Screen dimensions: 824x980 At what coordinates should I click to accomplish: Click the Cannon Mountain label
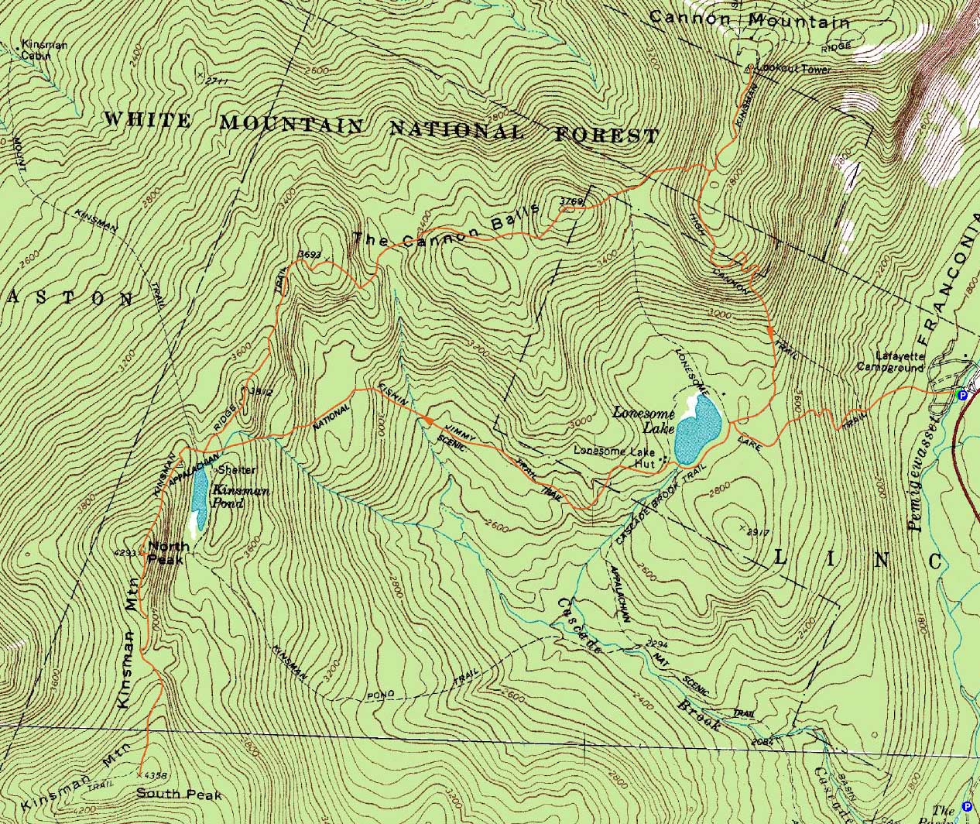pos(749,19)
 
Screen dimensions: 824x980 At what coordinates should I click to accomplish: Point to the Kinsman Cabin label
pos(43,50)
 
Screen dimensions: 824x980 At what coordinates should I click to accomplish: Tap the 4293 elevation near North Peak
pos(125,553)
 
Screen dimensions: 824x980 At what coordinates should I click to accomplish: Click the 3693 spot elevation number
pos(310,254)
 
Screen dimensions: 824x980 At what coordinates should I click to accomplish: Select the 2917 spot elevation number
pos(757,532)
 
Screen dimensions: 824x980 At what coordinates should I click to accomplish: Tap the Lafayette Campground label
pos(890,362)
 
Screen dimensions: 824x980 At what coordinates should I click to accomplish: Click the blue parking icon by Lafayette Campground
pos(962,395)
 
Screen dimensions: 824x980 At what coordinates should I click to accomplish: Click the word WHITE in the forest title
pos(146,120)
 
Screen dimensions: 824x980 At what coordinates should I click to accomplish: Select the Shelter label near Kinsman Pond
pos(236,470)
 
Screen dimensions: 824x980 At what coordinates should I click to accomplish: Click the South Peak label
pos(179,794)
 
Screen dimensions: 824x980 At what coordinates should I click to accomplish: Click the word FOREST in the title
pos(607,135)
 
